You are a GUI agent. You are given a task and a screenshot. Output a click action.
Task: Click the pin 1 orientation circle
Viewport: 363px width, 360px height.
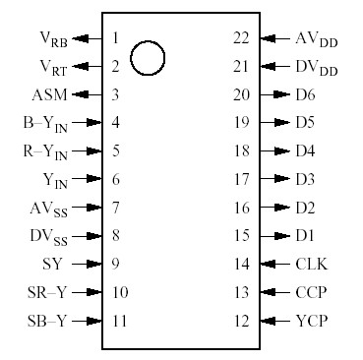coord(148,58)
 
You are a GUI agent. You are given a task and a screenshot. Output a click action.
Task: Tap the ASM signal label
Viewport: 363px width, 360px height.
coord(49,95)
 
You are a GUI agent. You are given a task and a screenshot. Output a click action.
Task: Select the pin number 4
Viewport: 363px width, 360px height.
coord(116,123)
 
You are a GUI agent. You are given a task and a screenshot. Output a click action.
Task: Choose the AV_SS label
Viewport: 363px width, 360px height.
coord(49,209)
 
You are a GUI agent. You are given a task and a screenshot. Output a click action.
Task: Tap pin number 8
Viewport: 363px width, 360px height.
coord(116,236)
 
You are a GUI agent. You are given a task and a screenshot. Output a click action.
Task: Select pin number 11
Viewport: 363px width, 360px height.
coord(119,321)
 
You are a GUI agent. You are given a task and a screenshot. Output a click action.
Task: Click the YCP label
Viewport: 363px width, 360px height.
coord(312,321)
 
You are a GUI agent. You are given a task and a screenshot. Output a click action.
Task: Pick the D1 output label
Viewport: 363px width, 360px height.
coord(304,236)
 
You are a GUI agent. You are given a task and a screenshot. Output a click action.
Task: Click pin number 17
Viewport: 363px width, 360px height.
coord(240,180)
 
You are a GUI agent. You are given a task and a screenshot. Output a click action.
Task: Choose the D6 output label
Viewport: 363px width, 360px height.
coord(304,95)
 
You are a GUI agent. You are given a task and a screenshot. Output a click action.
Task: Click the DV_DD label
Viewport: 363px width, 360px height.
coord(315,67)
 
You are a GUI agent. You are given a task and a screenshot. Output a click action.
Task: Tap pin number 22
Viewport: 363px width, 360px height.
coord(240,38)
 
